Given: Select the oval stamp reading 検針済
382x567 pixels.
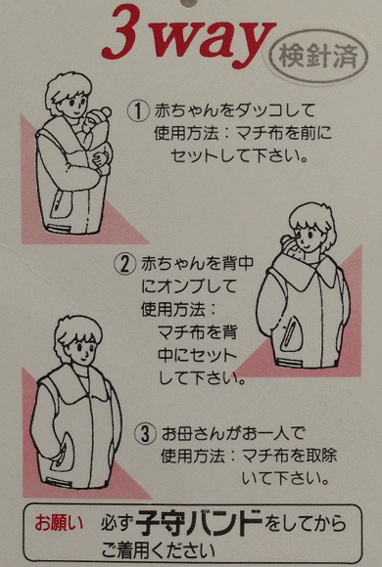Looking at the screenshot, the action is [x=318, y=57].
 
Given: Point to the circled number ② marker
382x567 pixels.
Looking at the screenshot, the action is [x=125, y=264].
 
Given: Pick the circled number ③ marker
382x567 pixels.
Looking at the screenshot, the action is [x=145, y=434].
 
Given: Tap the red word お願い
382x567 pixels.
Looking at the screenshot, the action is [x=59, y=523].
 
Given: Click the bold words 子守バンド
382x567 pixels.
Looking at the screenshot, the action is [x=199, y=523].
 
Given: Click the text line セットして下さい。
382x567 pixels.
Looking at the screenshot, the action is [x=240, y=156].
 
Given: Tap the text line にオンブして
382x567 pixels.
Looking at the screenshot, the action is [x=188, y=286].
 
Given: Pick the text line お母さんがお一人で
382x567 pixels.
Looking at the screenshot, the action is [x=233, y=434].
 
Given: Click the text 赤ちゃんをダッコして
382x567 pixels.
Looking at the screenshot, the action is [x=234, y=110].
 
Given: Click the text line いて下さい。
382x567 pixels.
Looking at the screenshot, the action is [x=285, y=479].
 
